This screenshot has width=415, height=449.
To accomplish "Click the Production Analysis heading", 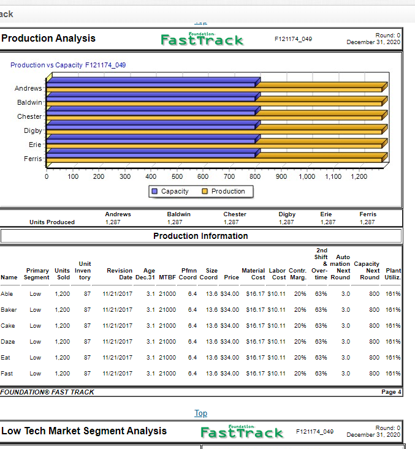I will [x=48, y=39].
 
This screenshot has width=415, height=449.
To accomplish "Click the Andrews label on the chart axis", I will [x=28, y=88].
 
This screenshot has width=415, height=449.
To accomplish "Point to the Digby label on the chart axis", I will [x=33, y=130].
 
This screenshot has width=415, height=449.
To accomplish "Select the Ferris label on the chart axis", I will [x=32, y=159].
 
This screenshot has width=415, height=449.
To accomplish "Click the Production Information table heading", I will [x=200, y=236].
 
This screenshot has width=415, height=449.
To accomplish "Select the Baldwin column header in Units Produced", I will [x=178, y=214].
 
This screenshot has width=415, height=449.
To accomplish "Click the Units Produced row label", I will [x=52, y=222].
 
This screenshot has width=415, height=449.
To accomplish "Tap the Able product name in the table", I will [x=7, y=294].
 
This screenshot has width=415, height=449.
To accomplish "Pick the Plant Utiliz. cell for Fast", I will [x=392, y=373].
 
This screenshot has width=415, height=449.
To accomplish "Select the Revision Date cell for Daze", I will [x=118, y=342].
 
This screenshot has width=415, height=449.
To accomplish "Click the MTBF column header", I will [x=167, y=277].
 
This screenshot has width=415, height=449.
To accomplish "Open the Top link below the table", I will [x=200, y=413].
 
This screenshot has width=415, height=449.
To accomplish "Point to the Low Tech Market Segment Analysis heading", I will [x=84, y=431].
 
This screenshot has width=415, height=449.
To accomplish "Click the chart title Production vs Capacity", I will [x=68, y=65].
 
